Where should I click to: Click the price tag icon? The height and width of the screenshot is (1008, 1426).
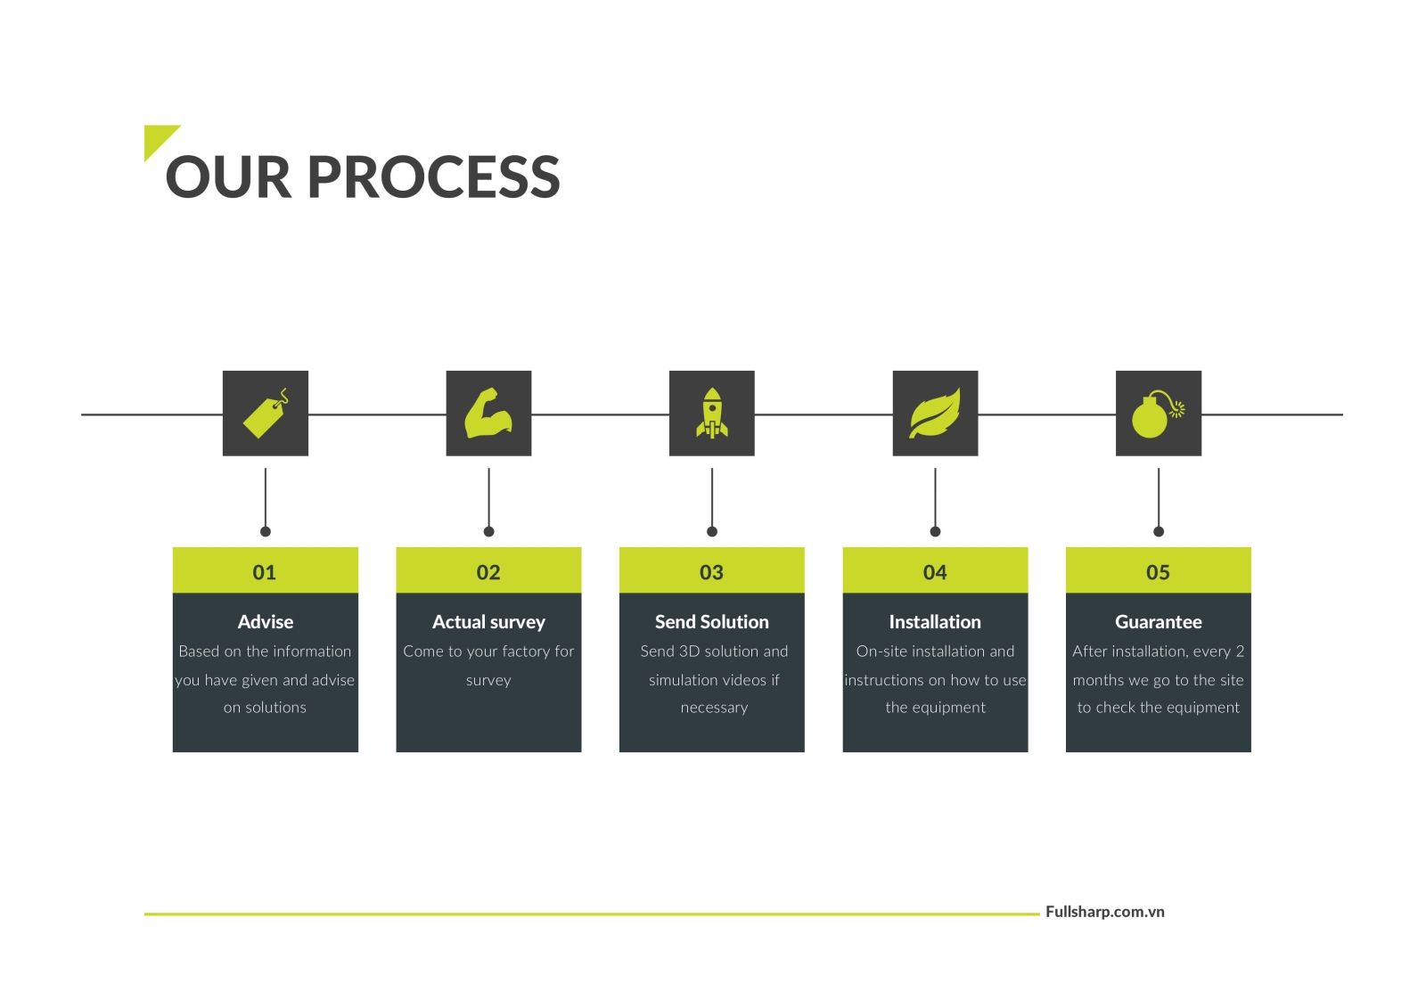[x=266, y=414]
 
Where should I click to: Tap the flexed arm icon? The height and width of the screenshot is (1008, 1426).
[x=488, y=414]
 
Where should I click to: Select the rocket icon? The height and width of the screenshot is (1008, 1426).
[x=711, y=414]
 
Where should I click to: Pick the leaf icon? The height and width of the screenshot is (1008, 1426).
[x=935, y=414]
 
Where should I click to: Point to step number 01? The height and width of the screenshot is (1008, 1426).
[x=265, y=572]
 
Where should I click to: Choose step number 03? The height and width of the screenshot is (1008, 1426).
[x=711, y=572]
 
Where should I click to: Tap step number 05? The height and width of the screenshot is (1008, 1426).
[x=1158, y=572]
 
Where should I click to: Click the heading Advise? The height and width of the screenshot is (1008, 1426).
[x=266, y=622]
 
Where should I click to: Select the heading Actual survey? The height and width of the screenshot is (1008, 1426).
[x=488, y=622]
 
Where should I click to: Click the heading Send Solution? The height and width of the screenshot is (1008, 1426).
[x=711, y=622]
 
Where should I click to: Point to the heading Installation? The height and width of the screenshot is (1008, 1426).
[x=935, y=622]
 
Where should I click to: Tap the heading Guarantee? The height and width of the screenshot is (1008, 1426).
[x=1158, y=622]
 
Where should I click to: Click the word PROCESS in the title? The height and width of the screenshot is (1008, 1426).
[x=433, y=177]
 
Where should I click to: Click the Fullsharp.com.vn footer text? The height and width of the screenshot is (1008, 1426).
[x=1104, y=912]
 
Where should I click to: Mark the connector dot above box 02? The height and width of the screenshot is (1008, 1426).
[x=488, y=532]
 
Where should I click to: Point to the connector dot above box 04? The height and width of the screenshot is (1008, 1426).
[x=935, y=532]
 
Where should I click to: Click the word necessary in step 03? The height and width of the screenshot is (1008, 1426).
[x=714, y=708]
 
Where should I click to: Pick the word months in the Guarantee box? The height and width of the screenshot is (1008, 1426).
[x=1098, y=680]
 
